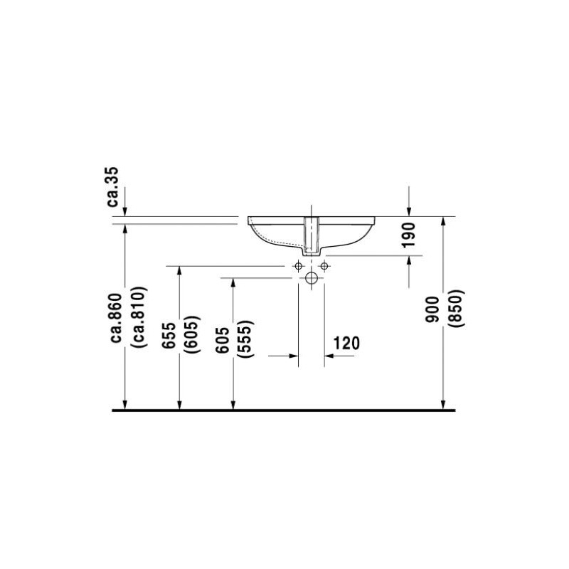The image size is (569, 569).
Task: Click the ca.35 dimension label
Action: pyautogui.click(x=112, y=187)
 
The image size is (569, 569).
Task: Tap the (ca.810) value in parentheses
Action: pyautogui.click(x=140, y=317)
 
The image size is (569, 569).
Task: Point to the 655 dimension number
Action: pyautogui.click(x=169, y=336)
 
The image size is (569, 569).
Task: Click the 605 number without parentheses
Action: pyautogui.click(x=223, y=340)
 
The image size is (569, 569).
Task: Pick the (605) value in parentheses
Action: pyautogui.click(x=192, y=334)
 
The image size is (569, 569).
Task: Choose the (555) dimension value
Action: pyautogui.click(x=245, y=339)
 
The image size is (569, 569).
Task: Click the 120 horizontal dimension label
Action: pyautogui.click(x=346, y=343)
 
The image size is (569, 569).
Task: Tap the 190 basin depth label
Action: pyautogui.click(x=409, y=235)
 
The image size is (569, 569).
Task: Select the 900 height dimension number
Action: pyautogui.click(x=432, y=309)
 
